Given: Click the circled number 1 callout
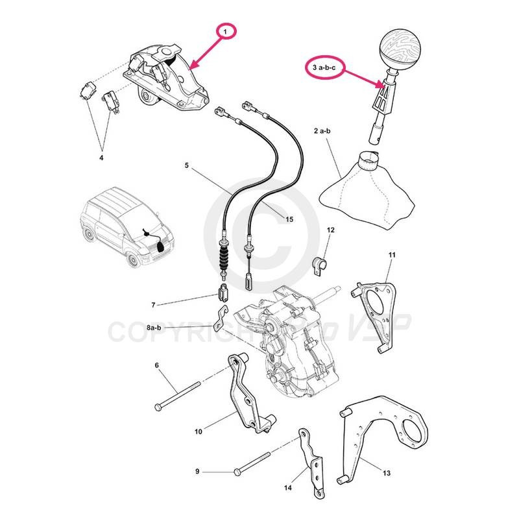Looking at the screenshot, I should click(226, 31).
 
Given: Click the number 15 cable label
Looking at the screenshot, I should click(289, 219).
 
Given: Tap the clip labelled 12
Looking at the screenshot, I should click(320, 264).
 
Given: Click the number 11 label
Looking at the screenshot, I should click(391, 255).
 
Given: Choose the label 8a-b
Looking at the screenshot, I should click(154, 329).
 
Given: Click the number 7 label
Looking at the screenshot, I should click(153, 304).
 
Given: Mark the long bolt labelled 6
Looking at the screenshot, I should click(176, 394).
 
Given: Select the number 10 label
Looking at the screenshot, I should click(199, 430).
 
